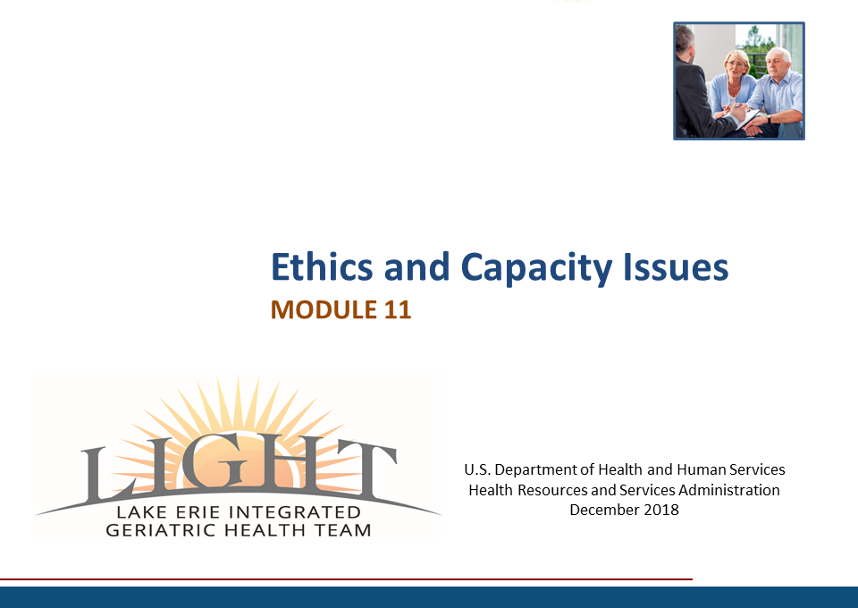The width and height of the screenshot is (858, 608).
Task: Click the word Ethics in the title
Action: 322,267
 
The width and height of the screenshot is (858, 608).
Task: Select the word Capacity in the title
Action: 537,269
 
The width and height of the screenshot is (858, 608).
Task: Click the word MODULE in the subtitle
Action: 324,309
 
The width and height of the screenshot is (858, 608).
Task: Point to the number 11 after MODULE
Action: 397,309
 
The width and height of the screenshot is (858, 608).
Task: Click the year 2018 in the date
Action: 661,510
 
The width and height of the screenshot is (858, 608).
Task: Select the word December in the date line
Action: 604,510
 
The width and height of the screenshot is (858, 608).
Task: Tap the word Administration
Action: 729,490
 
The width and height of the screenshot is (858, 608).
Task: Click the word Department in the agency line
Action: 535,470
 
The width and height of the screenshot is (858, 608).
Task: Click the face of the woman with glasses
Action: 736,65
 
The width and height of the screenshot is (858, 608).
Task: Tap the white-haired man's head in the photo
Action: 778,62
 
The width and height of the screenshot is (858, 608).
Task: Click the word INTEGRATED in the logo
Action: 295,512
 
